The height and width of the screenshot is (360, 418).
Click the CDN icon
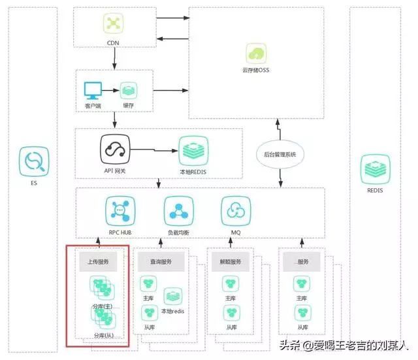coord(115,24)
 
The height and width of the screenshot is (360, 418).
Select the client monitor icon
coord(92,90)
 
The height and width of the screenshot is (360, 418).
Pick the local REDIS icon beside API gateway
coord(192,150)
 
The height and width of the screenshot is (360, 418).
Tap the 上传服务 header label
coord(98,261)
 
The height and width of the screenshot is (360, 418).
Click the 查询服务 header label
coord(159,262)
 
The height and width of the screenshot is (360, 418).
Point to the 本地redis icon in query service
coord(172,297)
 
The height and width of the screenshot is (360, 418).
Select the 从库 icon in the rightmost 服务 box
coord(301,312)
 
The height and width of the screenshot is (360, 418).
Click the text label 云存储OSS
coord(255,71)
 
